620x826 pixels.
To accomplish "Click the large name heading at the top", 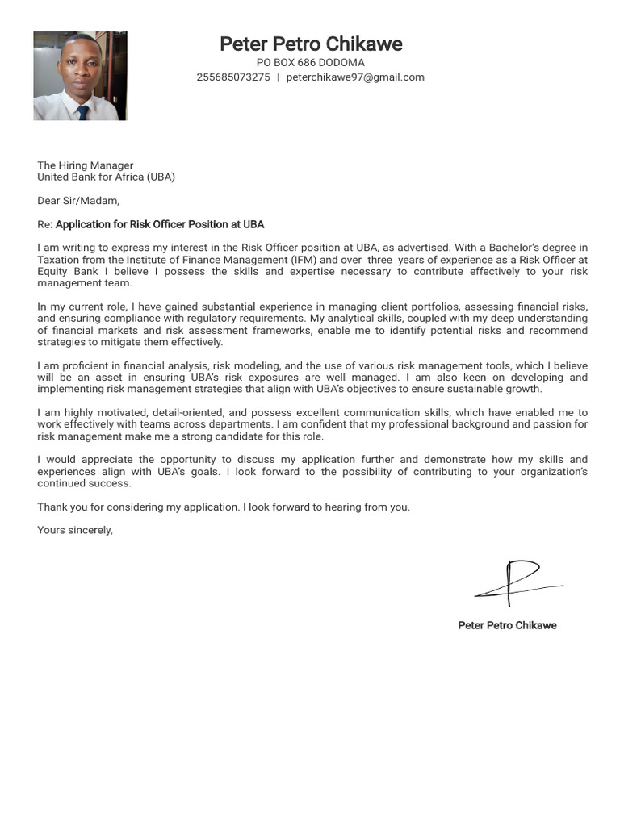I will point(311,44).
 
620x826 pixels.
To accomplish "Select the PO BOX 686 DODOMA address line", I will point(311,63).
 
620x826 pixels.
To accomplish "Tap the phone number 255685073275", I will point(233,77).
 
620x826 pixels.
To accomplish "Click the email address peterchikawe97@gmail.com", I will point(355,77).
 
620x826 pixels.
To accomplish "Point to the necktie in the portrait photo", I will point(82,112).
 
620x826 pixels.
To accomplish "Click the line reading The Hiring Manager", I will point(85,165).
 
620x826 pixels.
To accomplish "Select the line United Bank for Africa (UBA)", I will point(106,177).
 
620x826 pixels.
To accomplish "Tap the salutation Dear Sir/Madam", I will point(78,201).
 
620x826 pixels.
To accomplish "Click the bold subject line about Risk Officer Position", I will point(159,224).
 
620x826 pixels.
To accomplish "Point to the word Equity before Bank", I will point(53,272).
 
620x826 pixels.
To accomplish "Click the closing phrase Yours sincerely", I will point(75,531).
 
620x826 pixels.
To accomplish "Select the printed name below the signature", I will point(507,625).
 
